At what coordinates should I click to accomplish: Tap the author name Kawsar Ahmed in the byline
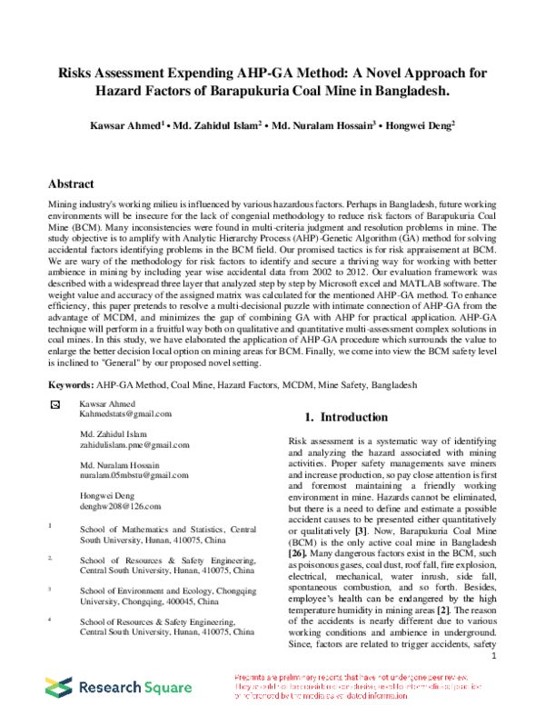pyautogui.click(x=155, y=124)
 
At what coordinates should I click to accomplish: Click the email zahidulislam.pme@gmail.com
pyautogui.click(x=134, y=445)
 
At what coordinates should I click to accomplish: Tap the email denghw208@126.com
pyautogui.click(x=120, y=506)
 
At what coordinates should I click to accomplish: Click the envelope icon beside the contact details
pyautogui.click(x=54, y=402)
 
